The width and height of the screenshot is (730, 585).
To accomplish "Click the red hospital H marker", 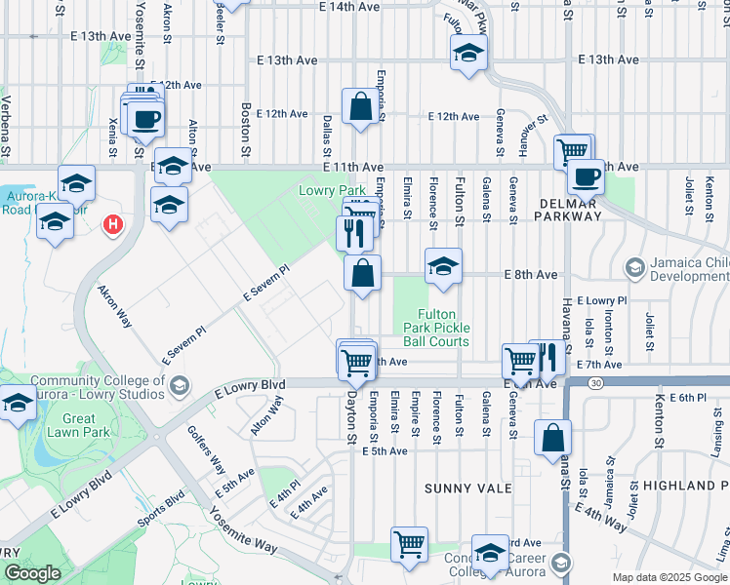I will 113,224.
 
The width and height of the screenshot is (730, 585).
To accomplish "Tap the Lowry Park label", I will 332,190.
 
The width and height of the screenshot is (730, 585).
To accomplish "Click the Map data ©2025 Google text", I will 669,577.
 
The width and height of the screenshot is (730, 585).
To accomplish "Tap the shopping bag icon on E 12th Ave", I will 360,106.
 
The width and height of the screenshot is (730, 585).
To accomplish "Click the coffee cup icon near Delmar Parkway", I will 586,176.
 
